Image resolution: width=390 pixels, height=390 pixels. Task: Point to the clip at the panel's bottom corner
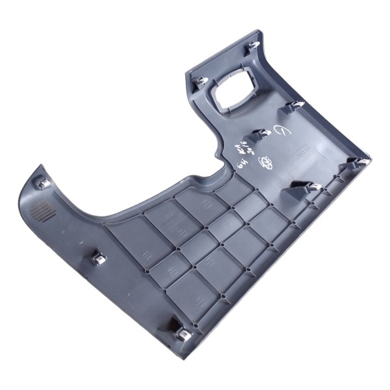click(x=181, y=333)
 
